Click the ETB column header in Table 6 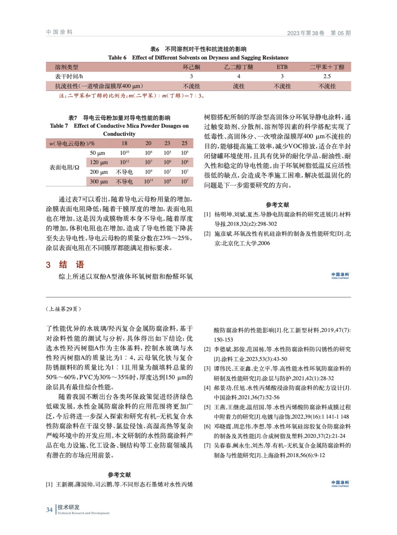click(282, 67)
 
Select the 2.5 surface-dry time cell click(327, 76)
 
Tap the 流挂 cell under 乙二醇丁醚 click(238, 86)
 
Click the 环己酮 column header click(191, 67)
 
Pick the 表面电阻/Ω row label click(64, 167)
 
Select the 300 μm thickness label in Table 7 click(99, 182)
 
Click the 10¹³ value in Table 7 click(148, 182)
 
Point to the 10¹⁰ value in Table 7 click(124, 153)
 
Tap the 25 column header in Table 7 click(184, 143)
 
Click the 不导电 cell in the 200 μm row click(124, 172)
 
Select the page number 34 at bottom click(49, 510)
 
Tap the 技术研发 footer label click(69, 507)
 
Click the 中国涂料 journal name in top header click(59, 32)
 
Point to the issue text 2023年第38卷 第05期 click(319, 33)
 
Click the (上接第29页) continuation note click(63, 309)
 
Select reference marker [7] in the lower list click(207, 446)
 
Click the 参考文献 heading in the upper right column click(277, 205)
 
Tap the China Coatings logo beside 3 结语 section click(340, 276)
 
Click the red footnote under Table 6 click(131, 96)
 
